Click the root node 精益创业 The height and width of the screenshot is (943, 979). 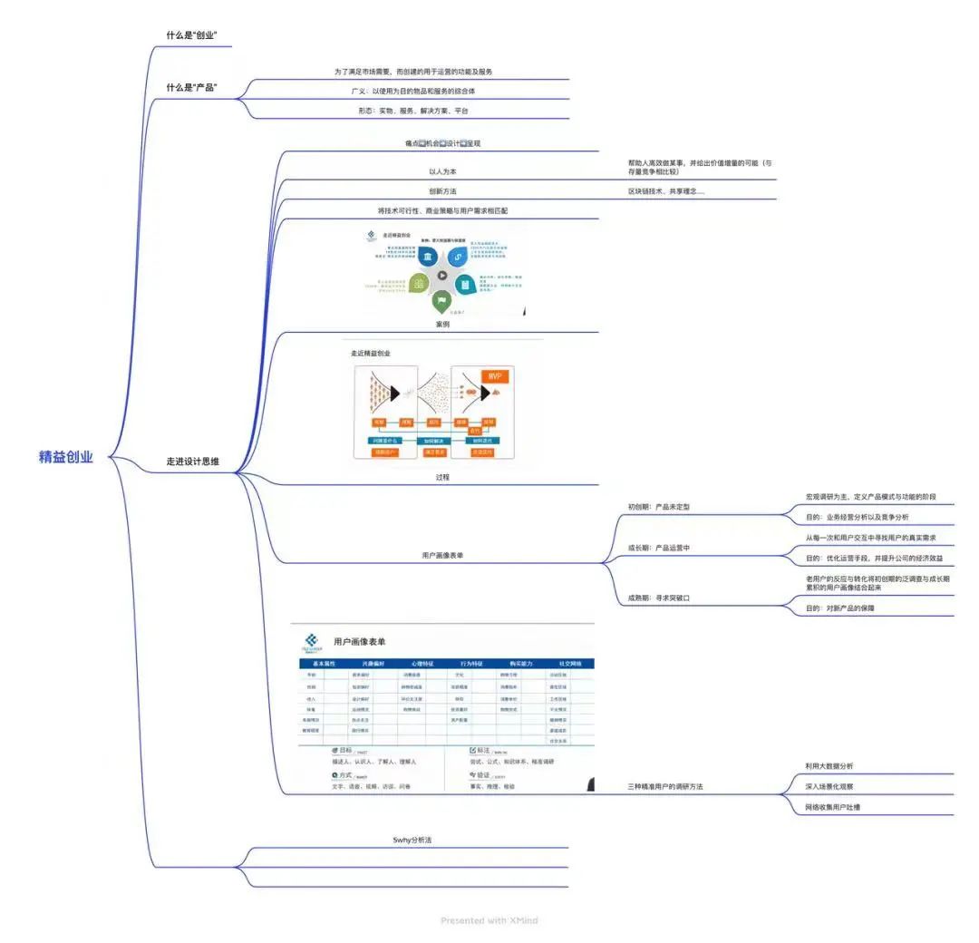click(66, 457)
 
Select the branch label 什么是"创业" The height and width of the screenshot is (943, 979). click(191, 35)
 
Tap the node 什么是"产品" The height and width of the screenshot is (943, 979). click(191, 87)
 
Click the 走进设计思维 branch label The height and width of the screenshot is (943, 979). click(192, 462)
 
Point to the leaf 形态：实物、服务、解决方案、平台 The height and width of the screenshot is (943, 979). click(412, 111)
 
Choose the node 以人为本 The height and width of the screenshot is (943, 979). click(442, 171)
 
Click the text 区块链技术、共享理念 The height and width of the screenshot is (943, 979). click(666, 191)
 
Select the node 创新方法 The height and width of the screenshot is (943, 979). click(442, 191)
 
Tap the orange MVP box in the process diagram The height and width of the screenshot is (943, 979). click(494, 376)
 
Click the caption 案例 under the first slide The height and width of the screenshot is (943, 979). click(442, 324)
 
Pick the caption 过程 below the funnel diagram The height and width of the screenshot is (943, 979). click(442, 477)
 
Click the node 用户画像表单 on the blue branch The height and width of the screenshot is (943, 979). click(442, 555)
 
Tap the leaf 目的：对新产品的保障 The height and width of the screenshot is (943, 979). click(840, 608)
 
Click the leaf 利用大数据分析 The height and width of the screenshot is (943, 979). click(829, 766)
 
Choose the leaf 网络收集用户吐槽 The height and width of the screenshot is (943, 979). click(833, 806)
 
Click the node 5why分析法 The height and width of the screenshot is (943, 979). click(412, 841)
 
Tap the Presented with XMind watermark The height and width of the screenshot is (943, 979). click(489, 920)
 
